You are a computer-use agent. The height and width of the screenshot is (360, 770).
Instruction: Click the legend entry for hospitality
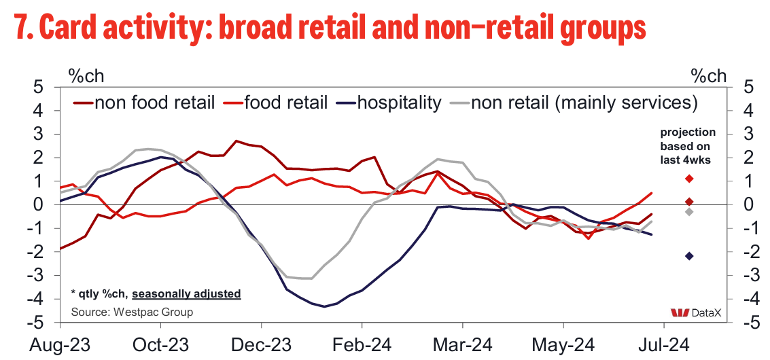point(399,103)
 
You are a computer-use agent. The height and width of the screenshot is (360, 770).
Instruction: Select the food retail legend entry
point(286,103)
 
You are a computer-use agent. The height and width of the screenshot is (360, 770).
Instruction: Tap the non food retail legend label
point(155,103)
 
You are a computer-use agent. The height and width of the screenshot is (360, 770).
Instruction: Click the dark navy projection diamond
point(689,256)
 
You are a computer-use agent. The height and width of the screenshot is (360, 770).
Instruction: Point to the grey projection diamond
point(689,212)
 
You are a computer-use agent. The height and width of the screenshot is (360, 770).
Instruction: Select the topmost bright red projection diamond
point(689,179)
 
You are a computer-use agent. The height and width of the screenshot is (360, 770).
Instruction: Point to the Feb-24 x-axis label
point(362,345)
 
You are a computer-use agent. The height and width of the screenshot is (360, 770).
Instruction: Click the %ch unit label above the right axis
point(709,75)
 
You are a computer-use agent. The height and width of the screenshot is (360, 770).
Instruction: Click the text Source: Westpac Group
point(132,312)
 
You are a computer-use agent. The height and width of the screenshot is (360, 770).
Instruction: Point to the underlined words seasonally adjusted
point(186,294)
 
